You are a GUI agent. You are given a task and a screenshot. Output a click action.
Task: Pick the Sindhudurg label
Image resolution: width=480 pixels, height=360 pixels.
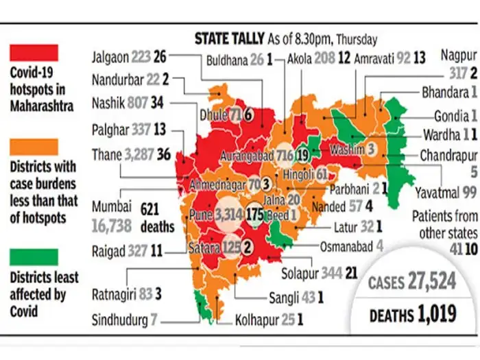point(125,319)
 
